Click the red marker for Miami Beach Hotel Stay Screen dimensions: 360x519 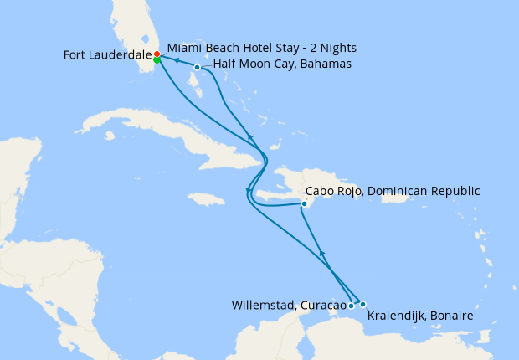pos(157,54)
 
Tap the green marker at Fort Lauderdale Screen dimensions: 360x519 pos(157,59)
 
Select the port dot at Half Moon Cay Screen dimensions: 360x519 pos(197,67)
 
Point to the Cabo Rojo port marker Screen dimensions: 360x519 pos(304,203)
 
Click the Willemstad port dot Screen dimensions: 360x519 pos(351,306)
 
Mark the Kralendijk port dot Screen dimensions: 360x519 pos(362,304)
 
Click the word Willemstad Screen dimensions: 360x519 pos(263,306)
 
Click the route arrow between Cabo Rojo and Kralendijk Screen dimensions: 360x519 pos(322,253)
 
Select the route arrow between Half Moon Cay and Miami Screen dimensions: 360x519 pos(177,61)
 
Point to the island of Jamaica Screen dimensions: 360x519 pos(206,199)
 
